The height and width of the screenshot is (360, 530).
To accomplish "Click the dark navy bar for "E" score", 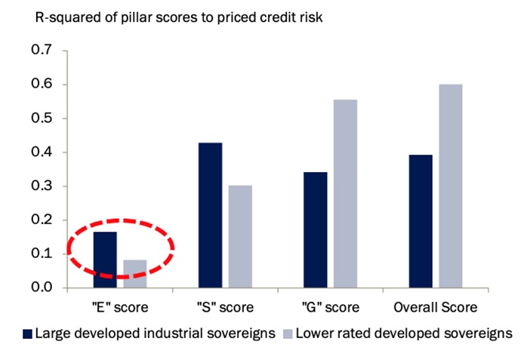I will click(105, 260).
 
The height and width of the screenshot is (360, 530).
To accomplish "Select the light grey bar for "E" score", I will click(134, 273).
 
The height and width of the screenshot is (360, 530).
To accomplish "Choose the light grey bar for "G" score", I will click(344, 193).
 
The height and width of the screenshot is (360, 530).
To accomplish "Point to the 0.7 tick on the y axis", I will click(42, 51).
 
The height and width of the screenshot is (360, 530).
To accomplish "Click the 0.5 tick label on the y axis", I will click(42, 118).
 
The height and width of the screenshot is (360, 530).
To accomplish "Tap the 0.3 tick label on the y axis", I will click(42, 186).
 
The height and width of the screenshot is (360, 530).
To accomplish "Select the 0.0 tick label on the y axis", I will click(42, 288).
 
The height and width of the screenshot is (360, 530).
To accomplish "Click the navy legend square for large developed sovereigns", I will click(29, 333).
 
